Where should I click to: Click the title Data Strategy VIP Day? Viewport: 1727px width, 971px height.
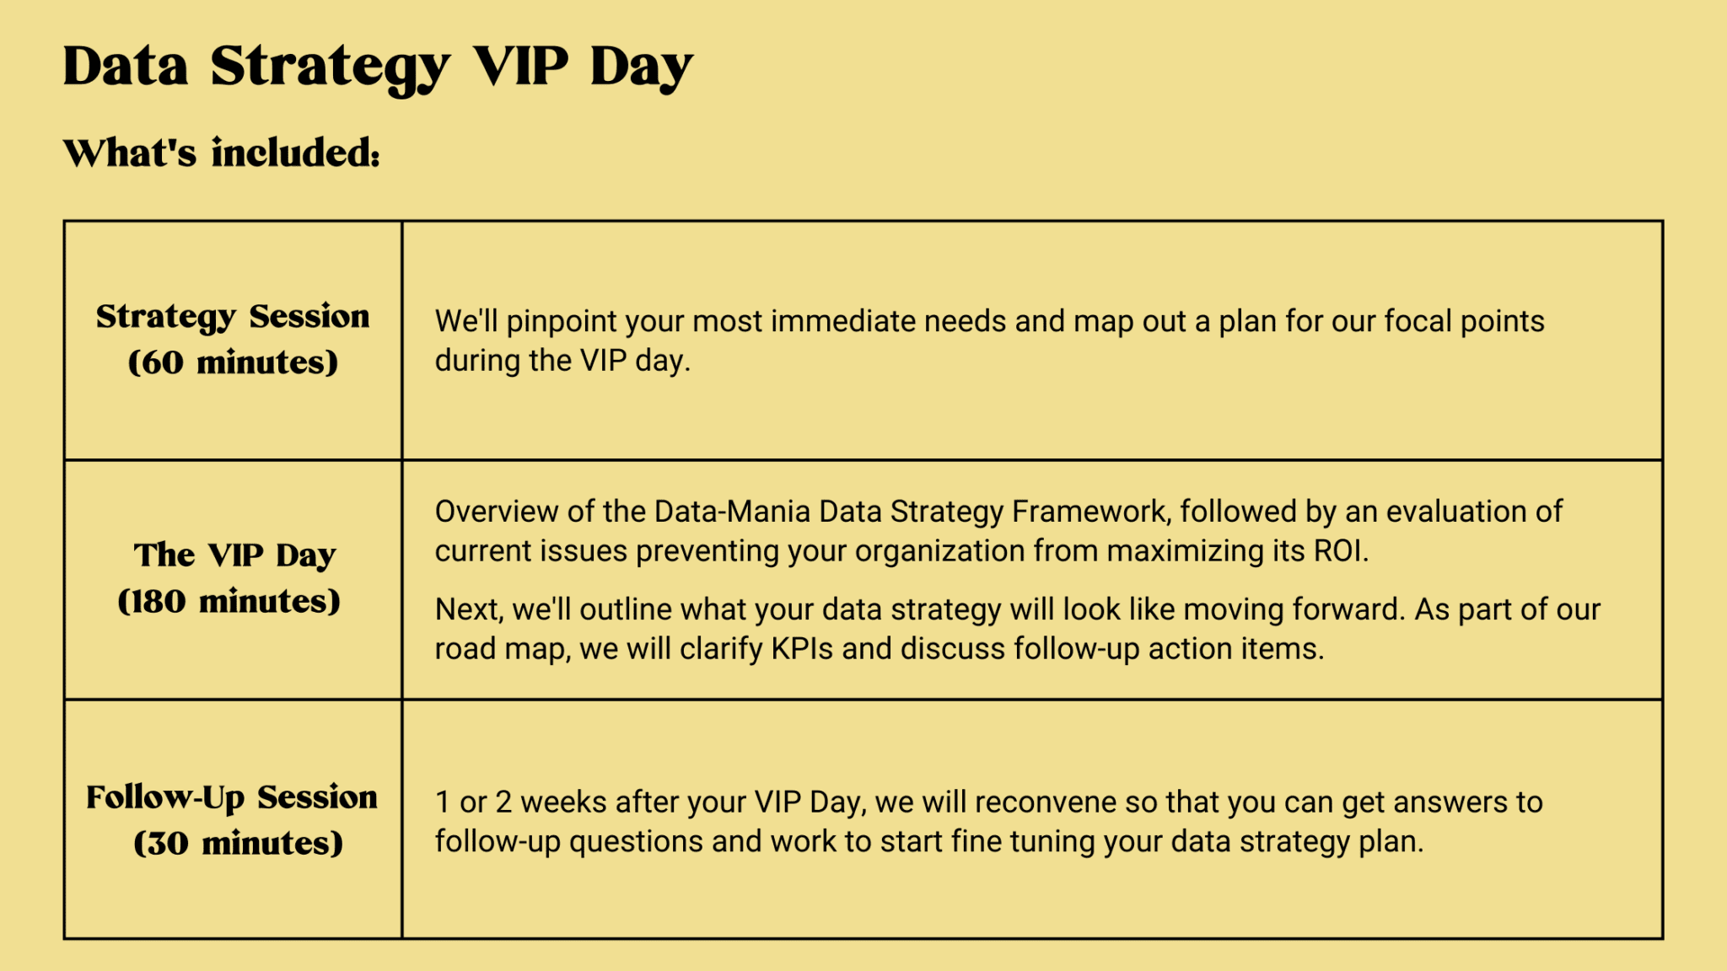(378, 67)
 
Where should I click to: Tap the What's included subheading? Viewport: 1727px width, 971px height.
(221, 153)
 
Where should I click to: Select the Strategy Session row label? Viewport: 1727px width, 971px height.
(233, 317)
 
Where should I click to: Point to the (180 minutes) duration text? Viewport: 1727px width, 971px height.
(229, 602)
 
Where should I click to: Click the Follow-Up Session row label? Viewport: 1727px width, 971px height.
(232, 797)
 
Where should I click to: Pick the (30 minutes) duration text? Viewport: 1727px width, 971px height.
(238, 843)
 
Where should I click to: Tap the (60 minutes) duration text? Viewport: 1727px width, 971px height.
(233, 363)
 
